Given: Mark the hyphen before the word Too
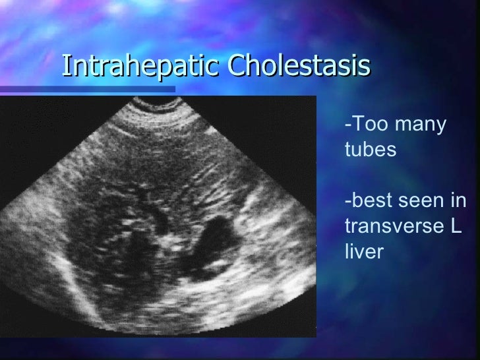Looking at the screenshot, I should pos(347,127).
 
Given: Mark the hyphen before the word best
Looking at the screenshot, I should pos(347,202).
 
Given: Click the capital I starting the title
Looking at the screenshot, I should pos(67,67).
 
